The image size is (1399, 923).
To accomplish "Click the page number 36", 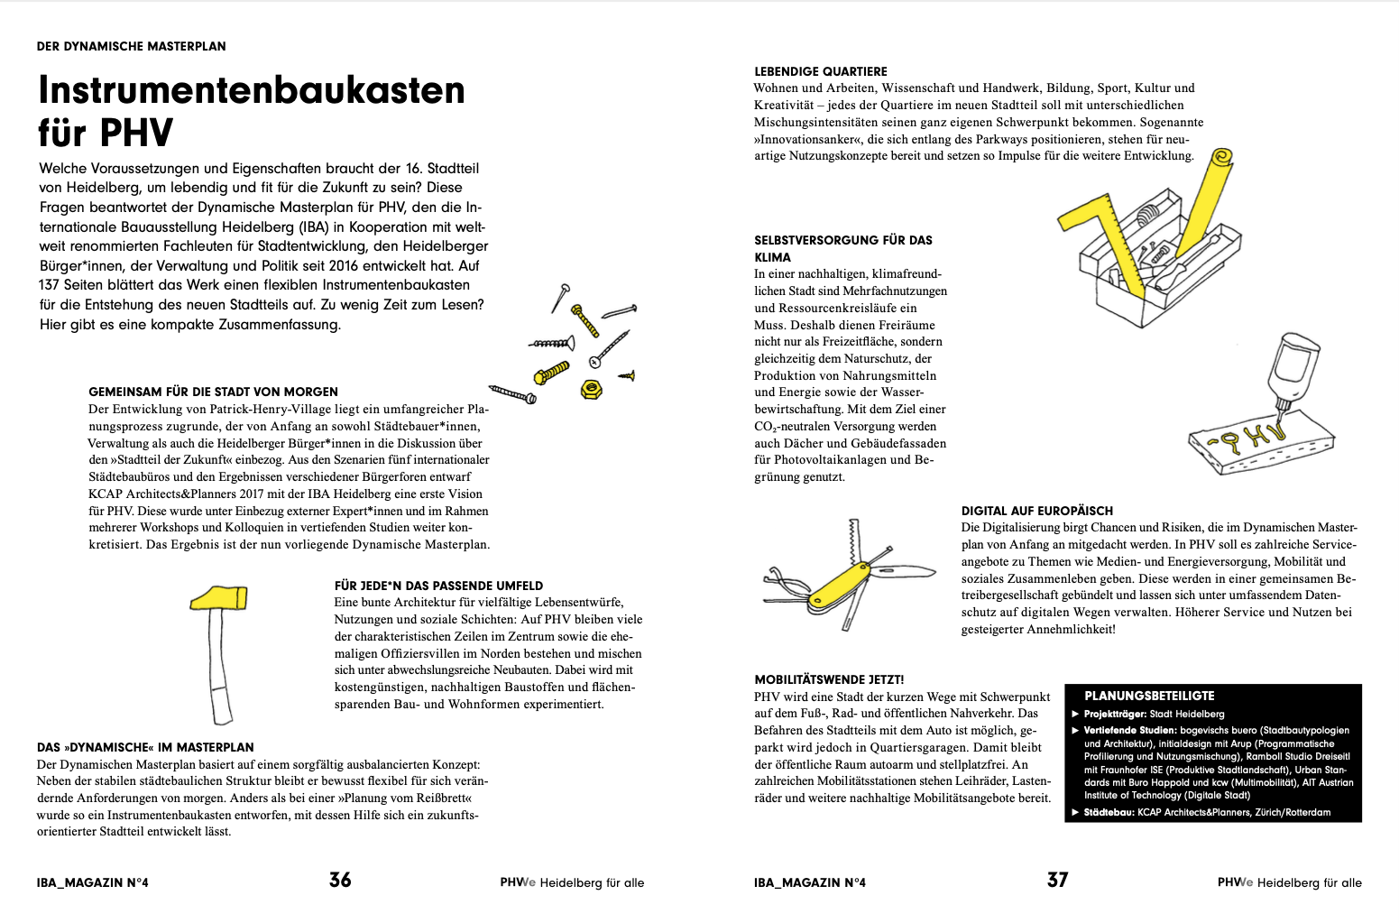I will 340,880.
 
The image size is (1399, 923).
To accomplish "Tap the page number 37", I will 1057,880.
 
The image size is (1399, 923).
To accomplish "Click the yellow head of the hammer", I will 218,597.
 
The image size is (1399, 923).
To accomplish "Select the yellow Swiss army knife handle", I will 841,583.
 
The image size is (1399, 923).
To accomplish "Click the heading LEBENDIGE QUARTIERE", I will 821,71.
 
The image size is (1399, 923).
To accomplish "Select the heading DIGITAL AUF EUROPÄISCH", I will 1036,511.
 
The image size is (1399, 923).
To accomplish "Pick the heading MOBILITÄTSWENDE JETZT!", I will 829,679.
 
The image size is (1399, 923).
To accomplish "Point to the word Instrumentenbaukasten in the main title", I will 252,90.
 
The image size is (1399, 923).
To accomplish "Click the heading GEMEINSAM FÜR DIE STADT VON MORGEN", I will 213,392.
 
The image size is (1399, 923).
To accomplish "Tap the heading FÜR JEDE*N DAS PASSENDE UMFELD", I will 438,586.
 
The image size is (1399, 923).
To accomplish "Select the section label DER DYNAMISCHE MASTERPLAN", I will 132,46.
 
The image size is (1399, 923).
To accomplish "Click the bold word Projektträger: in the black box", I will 1115,714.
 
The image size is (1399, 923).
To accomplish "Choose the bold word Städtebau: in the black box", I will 1109,812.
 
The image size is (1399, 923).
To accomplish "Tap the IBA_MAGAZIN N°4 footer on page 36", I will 92,882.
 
